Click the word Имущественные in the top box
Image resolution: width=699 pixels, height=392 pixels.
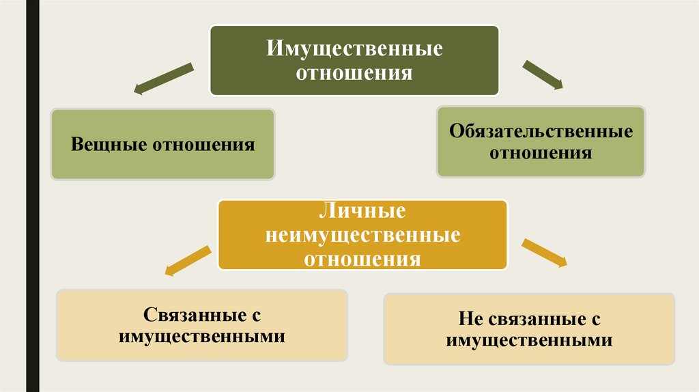(x=354, y=50)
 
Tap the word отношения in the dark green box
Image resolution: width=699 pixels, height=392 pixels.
(x=354, y=72)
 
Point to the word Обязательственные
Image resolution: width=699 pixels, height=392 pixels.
(x=540, y=131)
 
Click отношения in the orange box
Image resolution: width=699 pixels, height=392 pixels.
(x=362, y=259)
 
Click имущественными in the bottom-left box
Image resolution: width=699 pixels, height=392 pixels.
(x=201, y=337)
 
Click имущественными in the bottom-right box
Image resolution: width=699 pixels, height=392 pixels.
(x=529, y=340)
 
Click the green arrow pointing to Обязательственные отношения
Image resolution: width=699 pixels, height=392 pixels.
(x=543, y=74)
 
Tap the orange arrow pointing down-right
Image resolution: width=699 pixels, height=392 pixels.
(x=544, y=252)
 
